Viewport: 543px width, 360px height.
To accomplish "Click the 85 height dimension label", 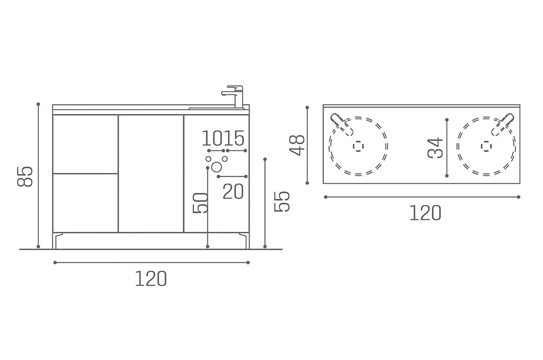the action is tap(25, 177).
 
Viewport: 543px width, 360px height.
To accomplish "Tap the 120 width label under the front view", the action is tap(151, 279).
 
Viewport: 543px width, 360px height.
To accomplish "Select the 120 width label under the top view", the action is tap(425, 213).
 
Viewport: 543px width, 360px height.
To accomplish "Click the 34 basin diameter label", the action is tap(435, 148).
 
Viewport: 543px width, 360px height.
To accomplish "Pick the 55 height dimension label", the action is tap(281, 202).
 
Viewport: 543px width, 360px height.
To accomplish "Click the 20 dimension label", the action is tap(233, 191).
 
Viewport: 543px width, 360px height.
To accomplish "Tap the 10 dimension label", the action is tap(212, 139).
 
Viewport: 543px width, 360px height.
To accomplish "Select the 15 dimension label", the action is tap(234, 139).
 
